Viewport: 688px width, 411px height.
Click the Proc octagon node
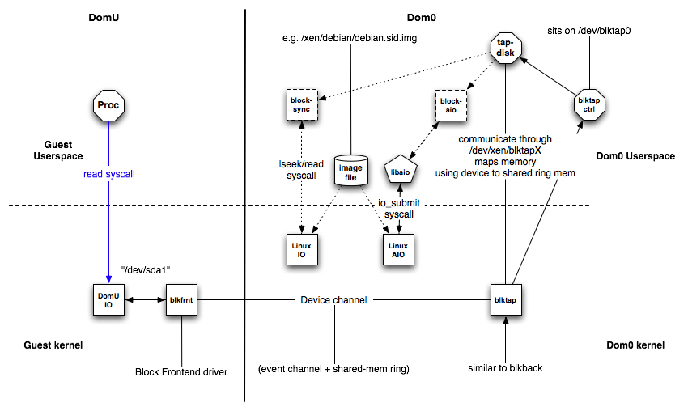[x=108, y=104]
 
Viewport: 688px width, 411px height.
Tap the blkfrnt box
[x=182, y=300]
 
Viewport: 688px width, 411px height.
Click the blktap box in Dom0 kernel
[x=506, y=300]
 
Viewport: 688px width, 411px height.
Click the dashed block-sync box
[x=302, y=104]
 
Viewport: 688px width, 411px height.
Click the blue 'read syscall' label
[x=108, y=175]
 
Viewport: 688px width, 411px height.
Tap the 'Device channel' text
[x=333, y=300]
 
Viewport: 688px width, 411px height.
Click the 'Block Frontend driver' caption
[x=182, y=373]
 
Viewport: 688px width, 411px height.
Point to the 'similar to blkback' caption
[x=506, y=368]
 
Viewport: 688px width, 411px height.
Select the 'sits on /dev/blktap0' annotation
[x=588, y=32]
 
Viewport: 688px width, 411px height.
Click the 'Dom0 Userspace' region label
[x=635, y=156]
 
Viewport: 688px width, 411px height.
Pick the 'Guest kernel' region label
[x=53, y=345]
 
